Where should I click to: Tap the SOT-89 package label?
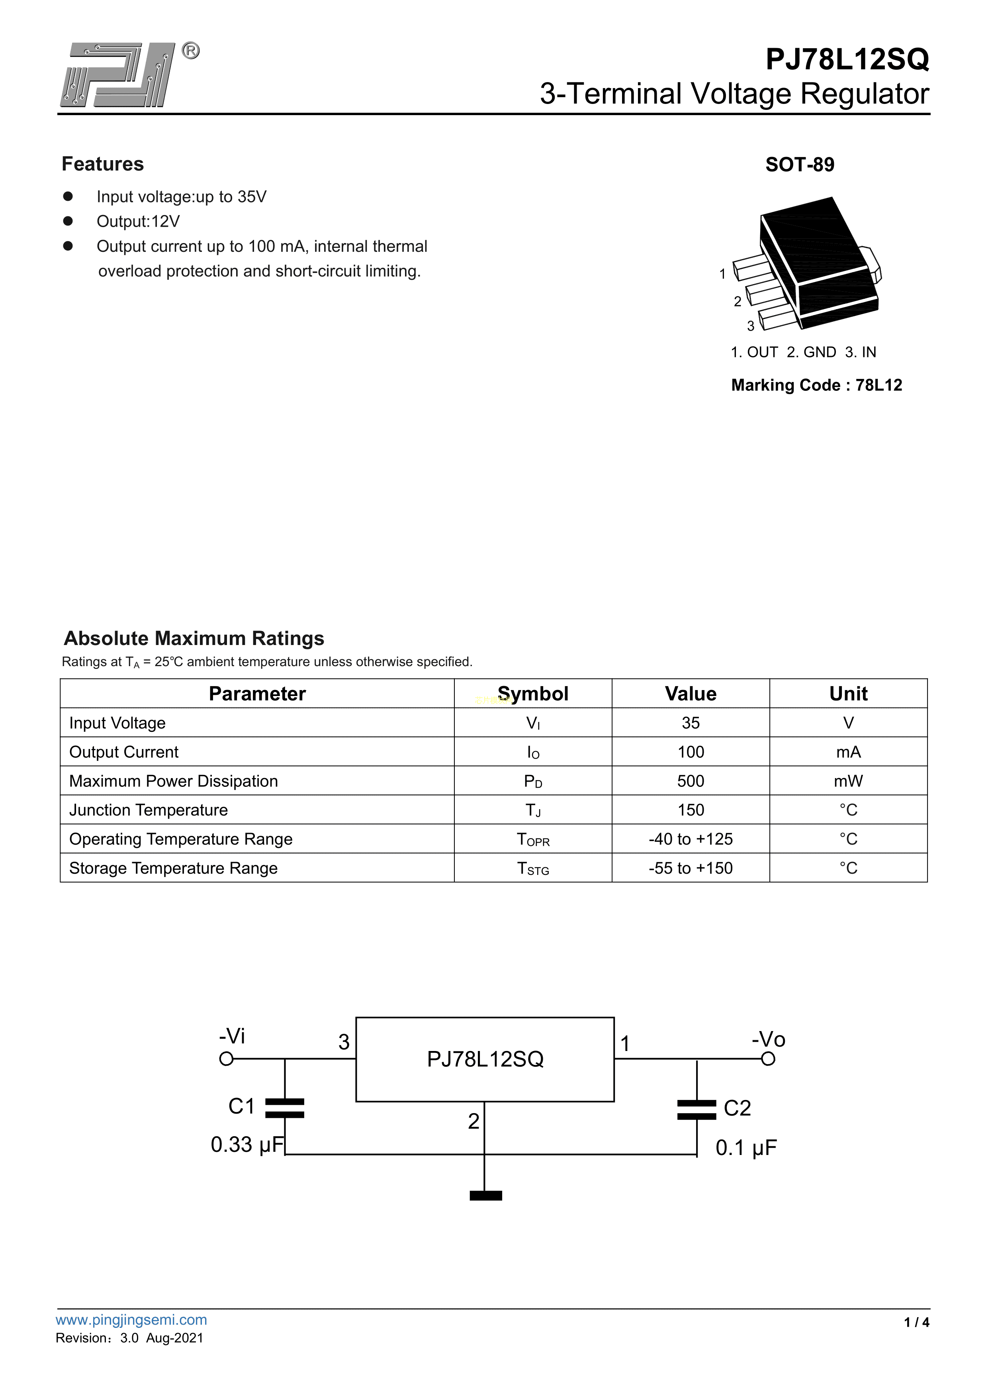(799, 165)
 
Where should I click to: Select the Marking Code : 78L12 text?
(816, 385)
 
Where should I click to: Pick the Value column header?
(690, 694)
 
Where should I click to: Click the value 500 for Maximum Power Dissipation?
(690, 781)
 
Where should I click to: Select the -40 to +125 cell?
(690, 839)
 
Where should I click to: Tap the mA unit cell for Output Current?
(848, 752)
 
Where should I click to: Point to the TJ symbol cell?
(533, 810)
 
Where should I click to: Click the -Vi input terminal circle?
(226, 1059)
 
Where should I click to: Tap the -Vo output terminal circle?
(768, 1059)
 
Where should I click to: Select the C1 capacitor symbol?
(285, 1108)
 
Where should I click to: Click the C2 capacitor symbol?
(696, 1110)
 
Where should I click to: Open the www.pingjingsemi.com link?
(131, 1320)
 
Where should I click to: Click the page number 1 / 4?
(916, 1322)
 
